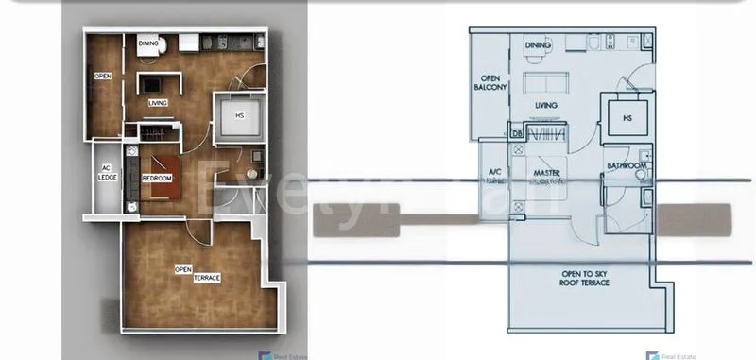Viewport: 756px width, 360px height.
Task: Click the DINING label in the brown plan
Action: point(148,43)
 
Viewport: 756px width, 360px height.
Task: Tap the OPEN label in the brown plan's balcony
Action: point(102,77)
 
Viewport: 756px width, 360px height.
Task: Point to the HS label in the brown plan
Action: point(240,115)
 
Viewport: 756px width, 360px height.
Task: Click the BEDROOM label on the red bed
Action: point(157,178)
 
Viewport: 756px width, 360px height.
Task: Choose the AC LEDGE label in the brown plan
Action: point(107,173)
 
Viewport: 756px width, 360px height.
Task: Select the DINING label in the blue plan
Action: point(538,44)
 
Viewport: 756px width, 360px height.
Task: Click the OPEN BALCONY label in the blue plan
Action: point(492,83)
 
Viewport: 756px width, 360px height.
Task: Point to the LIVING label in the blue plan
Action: point(546,107)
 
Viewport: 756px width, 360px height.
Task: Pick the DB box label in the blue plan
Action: point(516,133)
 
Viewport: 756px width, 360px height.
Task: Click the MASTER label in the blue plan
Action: point(546,174)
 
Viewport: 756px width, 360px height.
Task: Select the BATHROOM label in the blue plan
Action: point(627,166)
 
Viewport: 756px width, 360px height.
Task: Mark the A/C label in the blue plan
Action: point(493,174)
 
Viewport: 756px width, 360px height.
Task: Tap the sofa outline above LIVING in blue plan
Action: point(545,80)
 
